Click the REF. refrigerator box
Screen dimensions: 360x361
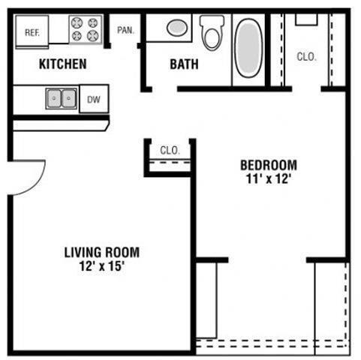32,32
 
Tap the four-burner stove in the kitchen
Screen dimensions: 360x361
85,28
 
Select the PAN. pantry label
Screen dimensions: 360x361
125,31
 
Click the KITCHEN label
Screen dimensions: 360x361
62,64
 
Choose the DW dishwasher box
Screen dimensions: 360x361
94,98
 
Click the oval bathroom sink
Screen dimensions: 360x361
177,28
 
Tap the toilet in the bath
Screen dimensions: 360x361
212,33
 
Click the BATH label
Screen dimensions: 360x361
184,64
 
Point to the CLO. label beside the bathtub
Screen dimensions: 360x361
305,56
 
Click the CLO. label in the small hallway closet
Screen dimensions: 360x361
170,150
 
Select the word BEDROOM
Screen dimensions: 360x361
268,165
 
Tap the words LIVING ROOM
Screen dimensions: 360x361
101,253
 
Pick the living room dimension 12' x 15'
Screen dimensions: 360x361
101,266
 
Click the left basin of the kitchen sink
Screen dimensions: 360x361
54,97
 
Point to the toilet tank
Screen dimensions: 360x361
212,21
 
